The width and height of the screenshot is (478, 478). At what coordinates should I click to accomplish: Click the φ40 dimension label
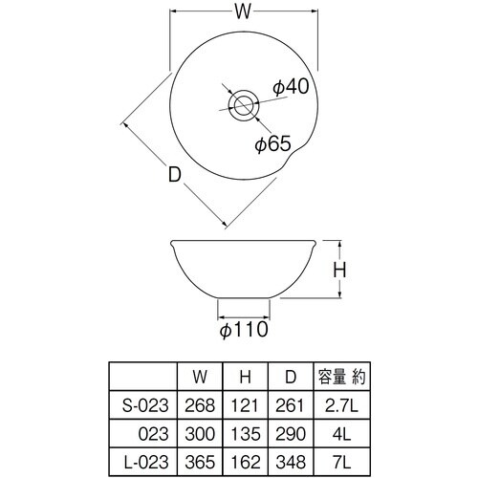(290, 87)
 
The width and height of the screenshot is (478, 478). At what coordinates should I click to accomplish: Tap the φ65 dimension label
(272, 144)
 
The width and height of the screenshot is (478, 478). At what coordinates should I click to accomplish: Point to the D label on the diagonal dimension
(174, 176)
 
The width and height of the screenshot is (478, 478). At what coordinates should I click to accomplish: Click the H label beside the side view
(338, 272)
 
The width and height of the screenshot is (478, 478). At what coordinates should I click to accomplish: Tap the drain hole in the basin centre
(241, 102)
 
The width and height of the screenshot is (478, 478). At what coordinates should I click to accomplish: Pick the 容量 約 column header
(337, 377)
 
